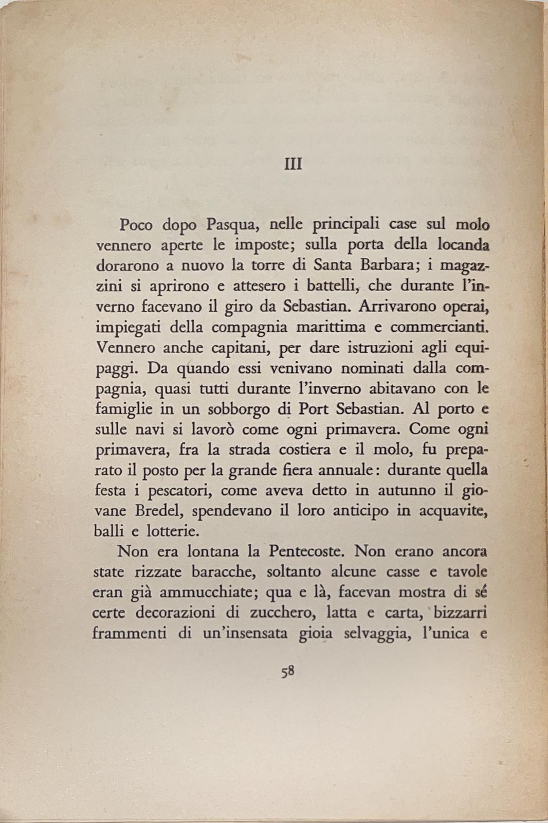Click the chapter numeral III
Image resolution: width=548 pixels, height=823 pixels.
point(293,165)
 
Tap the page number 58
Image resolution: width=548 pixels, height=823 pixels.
point(287,671)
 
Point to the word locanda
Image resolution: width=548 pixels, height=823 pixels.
point(462,245)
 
